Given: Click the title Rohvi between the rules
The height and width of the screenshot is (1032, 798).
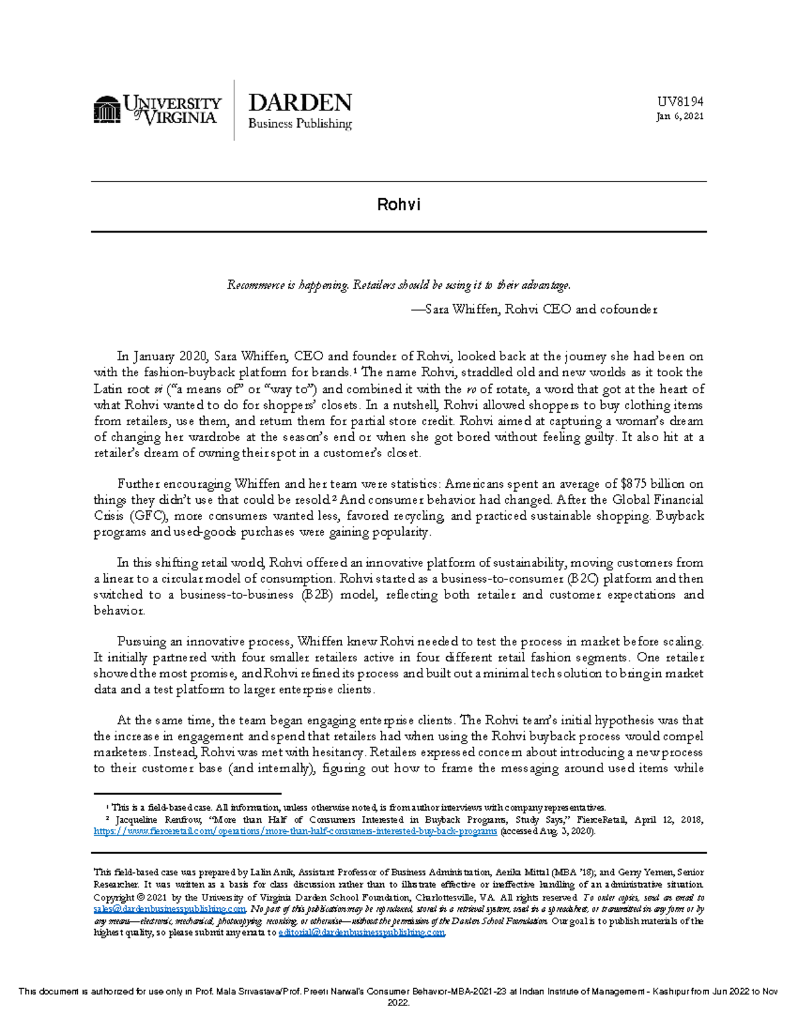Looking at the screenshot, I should pyautogui.click(x=398, y=205).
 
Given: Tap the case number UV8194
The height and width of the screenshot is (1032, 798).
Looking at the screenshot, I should pyautogui.click(x=680, y=102).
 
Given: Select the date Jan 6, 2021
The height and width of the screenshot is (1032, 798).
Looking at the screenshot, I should pyautogui.click(x=680, y=116).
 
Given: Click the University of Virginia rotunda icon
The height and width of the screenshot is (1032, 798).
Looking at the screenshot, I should pyautogui.click(x=106, y=110).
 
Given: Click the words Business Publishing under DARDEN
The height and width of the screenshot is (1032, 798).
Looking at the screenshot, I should pyautogui.click(x=299, y=124).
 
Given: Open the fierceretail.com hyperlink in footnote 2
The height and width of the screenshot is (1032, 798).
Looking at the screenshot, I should pyautogui.click(x=295, y=831).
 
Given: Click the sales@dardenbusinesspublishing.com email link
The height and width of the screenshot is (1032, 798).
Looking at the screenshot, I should pyautogui.click(x=170, y=909).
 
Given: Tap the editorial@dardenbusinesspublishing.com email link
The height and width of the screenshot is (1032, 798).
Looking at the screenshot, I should pyautogui.click(x=361, y=933).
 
